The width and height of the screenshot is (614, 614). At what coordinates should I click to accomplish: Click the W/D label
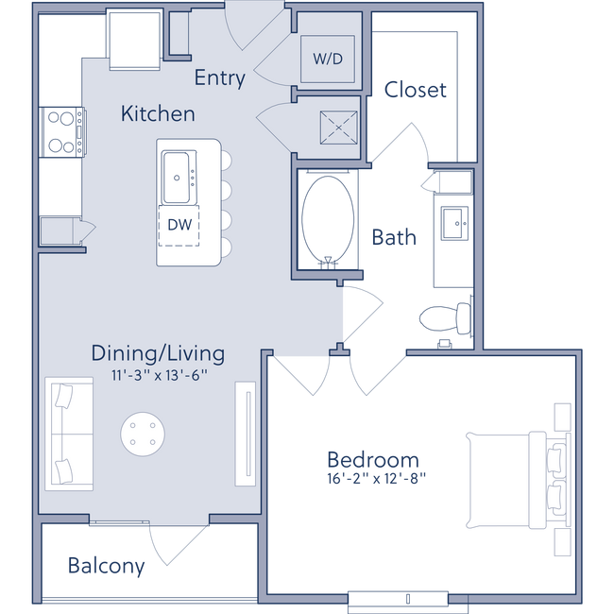click(327, 59)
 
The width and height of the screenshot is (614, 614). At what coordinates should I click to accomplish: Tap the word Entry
click(219, 78)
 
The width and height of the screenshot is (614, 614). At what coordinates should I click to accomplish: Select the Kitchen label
click(158, 114)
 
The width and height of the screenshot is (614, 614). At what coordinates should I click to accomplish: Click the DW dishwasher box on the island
click(179, 225)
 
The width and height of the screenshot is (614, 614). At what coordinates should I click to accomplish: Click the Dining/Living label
click(158, 353)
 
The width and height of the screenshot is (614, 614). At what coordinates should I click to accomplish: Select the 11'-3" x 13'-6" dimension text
click(158, 375)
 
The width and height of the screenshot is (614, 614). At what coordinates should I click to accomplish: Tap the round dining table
click(146, 434)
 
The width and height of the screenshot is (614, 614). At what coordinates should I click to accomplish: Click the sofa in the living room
click(69, 434)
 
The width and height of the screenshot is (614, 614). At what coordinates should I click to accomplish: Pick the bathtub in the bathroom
click(327, 218)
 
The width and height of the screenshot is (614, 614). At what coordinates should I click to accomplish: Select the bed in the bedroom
click(515, 480)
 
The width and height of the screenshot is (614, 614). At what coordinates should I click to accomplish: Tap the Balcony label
click(107, 567)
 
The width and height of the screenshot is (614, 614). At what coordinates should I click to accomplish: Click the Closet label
click(415, 90)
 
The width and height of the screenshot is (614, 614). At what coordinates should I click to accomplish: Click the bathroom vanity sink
click(455, 224)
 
